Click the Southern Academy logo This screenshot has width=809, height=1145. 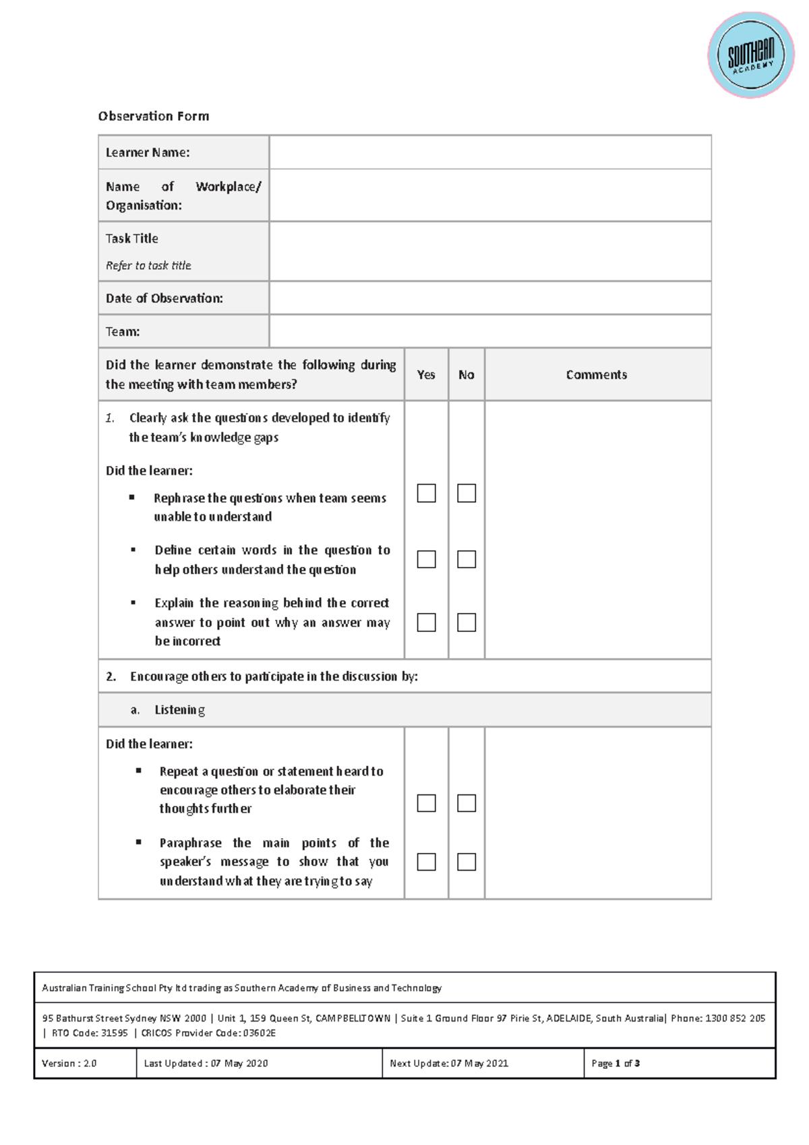pos(750,55)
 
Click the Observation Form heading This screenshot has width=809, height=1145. pos(154,116)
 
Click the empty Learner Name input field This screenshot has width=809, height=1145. pos(490,152)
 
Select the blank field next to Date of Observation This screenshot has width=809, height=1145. pos(490,298)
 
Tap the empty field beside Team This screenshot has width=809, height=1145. pos(490,332)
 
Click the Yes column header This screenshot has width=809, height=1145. pos(426,375)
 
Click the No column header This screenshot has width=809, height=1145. pos(467,375)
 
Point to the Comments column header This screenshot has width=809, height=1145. pos(597,375)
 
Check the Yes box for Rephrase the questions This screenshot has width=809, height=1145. pos(426,493)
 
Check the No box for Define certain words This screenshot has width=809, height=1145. pos(467,559)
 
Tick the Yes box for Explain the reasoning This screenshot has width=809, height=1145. pos(426,622)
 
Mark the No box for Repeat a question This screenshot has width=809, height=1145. pos(467,802)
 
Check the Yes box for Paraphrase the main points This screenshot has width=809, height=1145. pos(426,862)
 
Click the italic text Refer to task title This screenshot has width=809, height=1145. pos(148,266)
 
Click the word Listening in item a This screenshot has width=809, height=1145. pos(179,710)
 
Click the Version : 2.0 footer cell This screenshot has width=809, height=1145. pos(69,1063)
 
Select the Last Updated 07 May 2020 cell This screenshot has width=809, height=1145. pos(206,1063)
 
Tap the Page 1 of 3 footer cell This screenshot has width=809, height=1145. pos(616,1063)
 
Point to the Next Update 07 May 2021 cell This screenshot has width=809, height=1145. pos(449,1063)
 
